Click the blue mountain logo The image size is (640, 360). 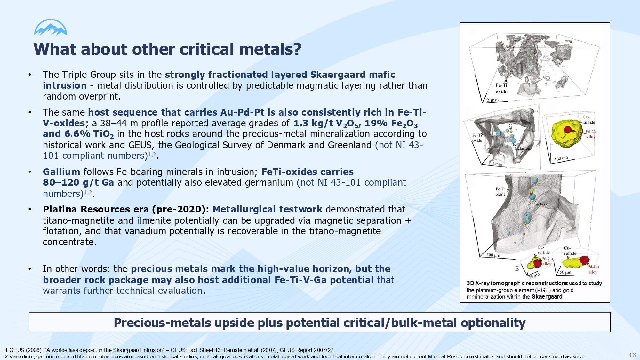tap(51, 27)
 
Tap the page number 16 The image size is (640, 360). tap(632, 355)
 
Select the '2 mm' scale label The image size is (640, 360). tap(492, 100)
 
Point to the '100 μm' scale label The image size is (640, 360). tap(561, 158)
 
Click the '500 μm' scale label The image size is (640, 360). tap(493, 255)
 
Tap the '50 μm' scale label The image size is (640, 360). tap(565, 272)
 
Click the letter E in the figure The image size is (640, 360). tap(517, 269)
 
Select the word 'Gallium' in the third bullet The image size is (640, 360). tap(61, 172)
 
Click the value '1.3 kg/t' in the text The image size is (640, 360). tap(313, 123)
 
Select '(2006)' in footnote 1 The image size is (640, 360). tap(34, 350)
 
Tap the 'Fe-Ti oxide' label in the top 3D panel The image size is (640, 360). tap(501, 88)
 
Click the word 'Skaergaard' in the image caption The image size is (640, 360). tap(547, 297)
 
